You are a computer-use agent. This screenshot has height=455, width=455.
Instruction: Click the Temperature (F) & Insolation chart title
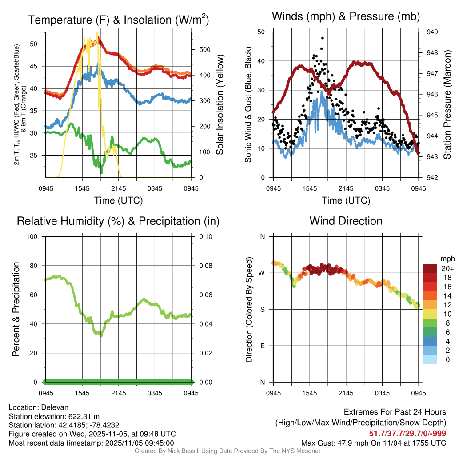tap(118, 20)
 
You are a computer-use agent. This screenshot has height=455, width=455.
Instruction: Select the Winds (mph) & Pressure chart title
tap(346, 17)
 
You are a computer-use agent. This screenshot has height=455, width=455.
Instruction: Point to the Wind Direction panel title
tap(346, 221)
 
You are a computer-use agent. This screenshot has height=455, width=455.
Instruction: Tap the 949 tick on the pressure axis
tap(432, 32)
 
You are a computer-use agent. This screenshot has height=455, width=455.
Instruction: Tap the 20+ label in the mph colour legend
tap(447, 268)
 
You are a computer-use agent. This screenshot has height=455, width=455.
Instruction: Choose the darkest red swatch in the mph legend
tap(430, 268)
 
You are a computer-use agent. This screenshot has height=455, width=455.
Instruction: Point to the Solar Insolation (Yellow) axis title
tap(220, 104)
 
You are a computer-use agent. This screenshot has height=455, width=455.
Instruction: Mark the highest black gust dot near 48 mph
tap(322, 39)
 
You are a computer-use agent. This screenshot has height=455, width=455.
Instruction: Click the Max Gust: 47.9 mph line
tap(374, 443)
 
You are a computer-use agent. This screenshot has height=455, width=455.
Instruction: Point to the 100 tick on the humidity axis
tap(34, 236)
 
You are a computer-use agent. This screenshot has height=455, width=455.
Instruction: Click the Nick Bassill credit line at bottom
tap(227, 451)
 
